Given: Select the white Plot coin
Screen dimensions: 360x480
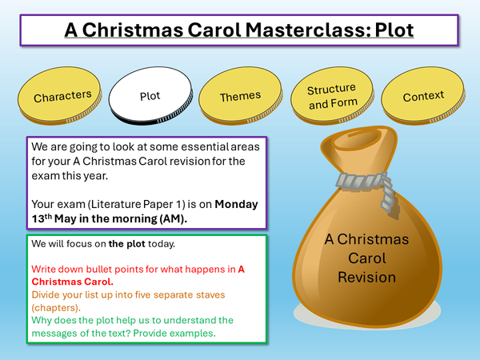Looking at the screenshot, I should tap(150, 96).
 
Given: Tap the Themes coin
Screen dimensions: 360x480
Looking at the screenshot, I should tap(240, 96).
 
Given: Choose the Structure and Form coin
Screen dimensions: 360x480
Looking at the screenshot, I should tap(331, 97).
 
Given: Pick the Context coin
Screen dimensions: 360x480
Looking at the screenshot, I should tap(423, 97).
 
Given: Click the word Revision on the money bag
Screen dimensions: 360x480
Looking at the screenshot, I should tap(366, 278).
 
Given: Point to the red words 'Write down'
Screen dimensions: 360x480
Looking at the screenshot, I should tap(58, 268).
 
